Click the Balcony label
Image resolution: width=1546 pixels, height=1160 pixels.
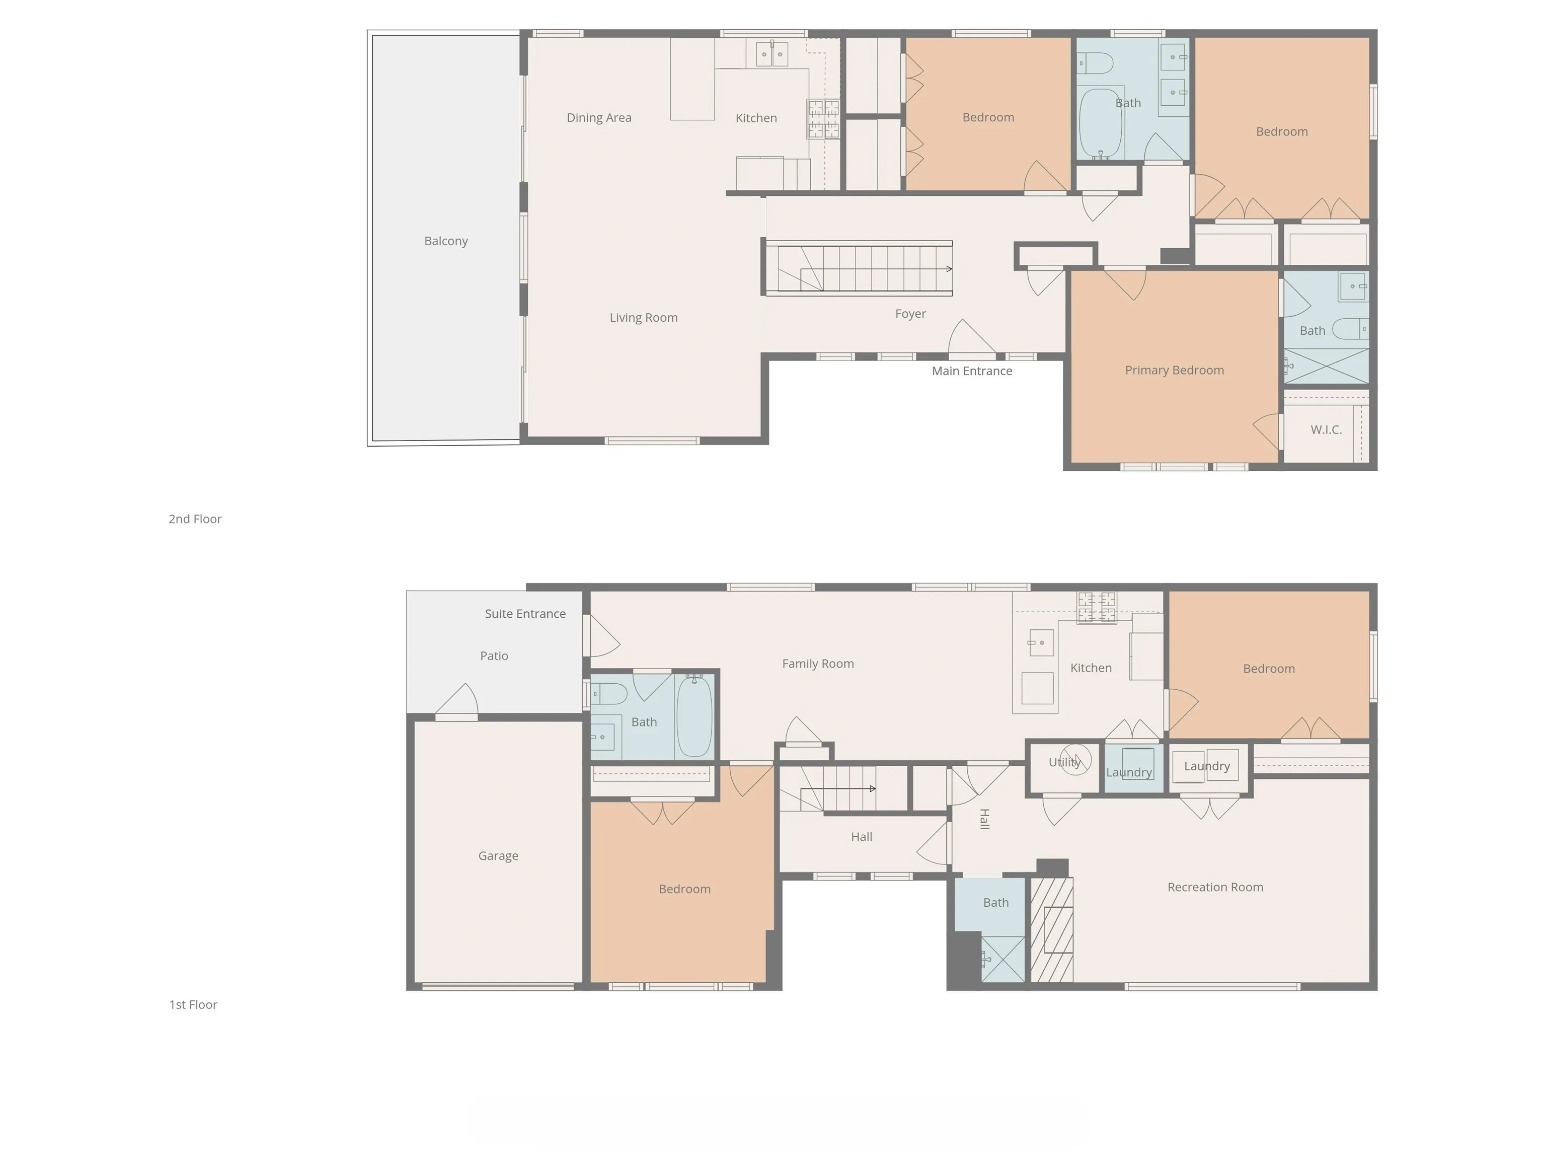click(446, 241)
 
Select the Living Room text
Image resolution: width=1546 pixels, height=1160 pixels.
click(644, 318)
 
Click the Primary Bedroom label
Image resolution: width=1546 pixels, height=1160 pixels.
click(1174, 371)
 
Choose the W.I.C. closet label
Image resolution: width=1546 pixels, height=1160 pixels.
click(1326, 430)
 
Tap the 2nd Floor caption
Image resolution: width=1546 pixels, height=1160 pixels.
click(195, 519)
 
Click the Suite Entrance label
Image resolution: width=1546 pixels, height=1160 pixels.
click(525, 614)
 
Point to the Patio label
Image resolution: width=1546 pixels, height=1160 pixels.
click(494, 656)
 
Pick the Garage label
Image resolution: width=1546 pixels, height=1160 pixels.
click(498, 856)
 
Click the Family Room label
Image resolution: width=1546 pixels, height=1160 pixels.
click(818, 664)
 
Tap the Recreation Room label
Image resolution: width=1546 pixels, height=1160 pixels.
click(1215, 887)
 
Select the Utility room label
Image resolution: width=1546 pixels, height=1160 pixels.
click(1064, 763)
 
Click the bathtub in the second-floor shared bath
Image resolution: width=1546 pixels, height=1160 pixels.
click(1101, 124)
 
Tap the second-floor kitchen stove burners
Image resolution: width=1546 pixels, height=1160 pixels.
click(823, 119)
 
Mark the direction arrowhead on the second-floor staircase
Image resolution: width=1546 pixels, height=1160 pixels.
click(949, 268)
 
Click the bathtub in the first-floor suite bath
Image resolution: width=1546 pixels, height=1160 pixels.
click(694, 716)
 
